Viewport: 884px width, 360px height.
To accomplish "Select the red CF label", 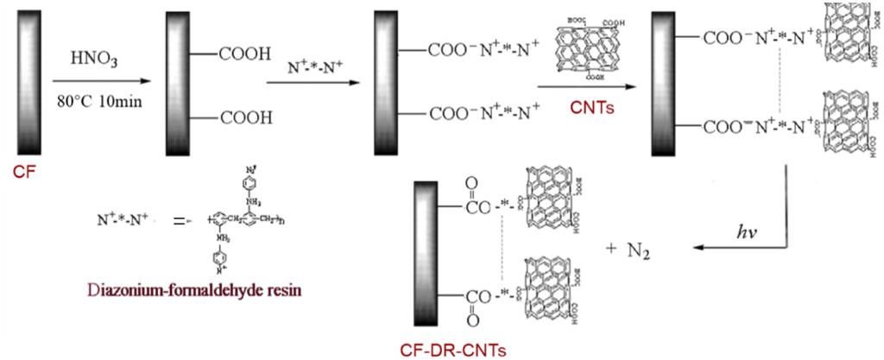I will point(26,172).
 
